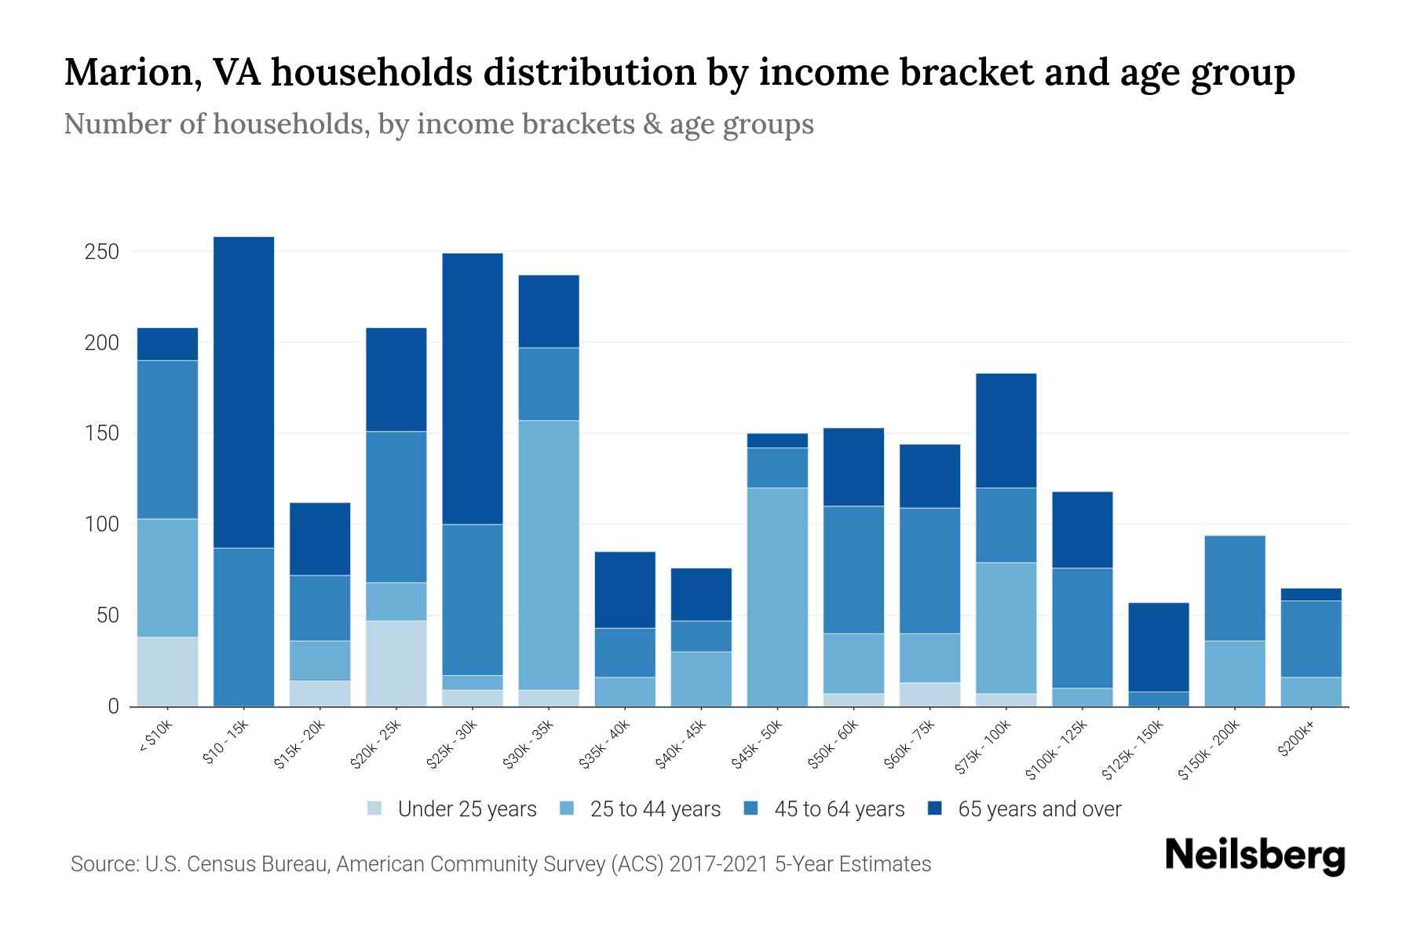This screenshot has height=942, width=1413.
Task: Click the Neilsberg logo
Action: [1254, 856]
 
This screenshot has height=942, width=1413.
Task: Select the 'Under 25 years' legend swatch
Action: [375, 809]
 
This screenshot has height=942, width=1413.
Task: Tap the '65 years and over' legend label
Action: [1039, 809]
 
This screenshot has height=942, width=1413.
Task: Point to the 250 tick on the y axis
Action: [103, 252]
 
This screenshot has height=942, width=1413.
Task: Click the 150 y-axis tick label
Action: [103, 434]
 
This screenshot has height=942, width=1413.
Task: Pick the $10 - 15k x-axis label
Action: [226, 742]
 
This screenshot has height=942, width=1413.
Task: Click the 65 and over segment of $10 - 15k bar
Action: [243, 392]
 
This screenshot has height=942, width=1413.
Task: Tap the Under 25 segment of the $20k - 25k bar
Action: [396, 663]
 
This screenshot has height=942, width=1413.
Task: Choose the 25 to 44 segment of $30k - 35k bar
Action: [549, 555]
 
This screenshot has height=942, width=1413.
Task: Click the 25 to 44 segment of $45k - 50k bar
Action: [777, 597]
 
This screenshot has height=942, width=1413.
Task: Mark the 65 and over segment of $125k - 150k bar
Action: [1159, 647]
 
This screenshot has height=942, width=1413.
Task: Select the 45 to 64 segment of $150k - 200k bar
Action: [1235, 588]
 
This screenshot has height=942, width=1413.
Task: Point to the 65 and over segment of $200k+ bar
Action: [1311, 594]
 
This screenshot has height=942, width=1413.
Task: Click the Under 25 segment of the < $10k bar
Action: [167, 671]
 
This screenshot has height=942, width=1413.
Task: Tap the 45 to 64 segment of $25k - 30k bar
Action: [473, 600]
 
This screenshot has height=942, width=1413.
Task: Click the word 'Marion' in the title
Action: [126, 73]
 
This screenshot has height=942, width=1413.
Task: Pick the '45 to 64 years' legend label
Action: [839, 809]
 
